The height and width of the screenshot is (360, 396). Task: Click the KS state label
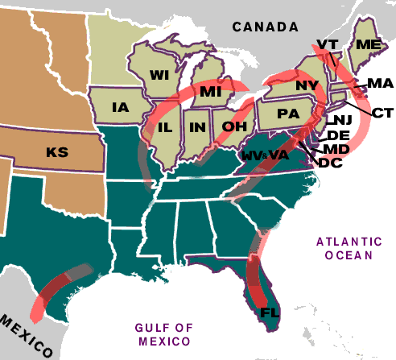[56, 151]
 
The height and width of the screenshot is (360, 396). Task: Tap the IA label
[121, 107]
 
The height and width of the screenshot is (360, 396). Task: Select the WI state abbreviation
[158, 75]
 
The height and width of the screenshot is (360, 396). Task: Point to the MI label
[209, 92]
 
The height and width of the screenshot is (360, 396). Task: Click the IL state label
[166, 127]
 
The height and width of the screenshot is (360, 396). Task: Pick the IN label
[196, 127]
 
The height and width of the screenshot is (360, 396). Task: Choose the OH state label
[233, 126]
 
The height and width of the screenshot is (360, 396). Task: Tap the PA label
[287, 114]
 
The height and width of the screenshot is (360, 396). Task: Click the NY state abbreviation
[307, 85]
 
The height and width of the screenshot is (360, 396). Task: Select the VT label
[326, 43]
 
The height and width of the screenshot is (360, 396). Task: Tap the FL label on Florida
[268, 312]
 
